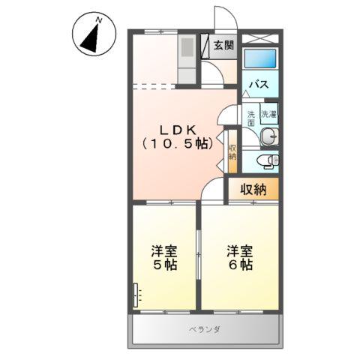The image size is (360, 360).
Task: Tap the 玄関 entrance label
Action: [x=223, y=45]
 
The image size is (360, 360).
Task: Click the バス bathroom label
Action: [x=259, y=83]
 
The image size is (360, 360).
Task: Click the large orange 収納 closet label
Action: [x=253, y=189]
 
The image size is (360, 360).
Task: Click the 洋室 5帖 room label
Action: [x=164, y=258]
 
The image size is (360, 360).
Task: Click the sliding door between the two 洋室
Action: [x=199, y=255]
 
